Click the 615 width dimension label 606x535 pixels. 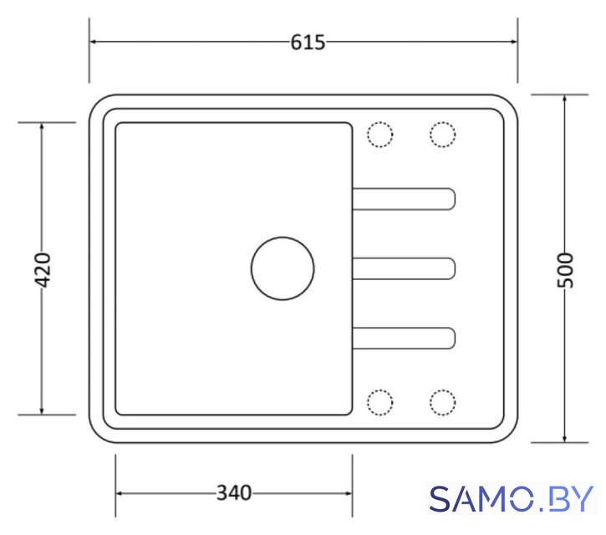pyautogui.click(x=308, y=42)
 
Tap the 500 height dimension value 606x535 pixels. pyautogui.click(x=565, y=270)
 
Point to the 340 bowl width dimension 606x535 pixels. pyautogui.click(x=234, y=493)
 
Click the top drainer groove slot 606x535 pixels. pyautogui.click(x=404, y=189)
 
